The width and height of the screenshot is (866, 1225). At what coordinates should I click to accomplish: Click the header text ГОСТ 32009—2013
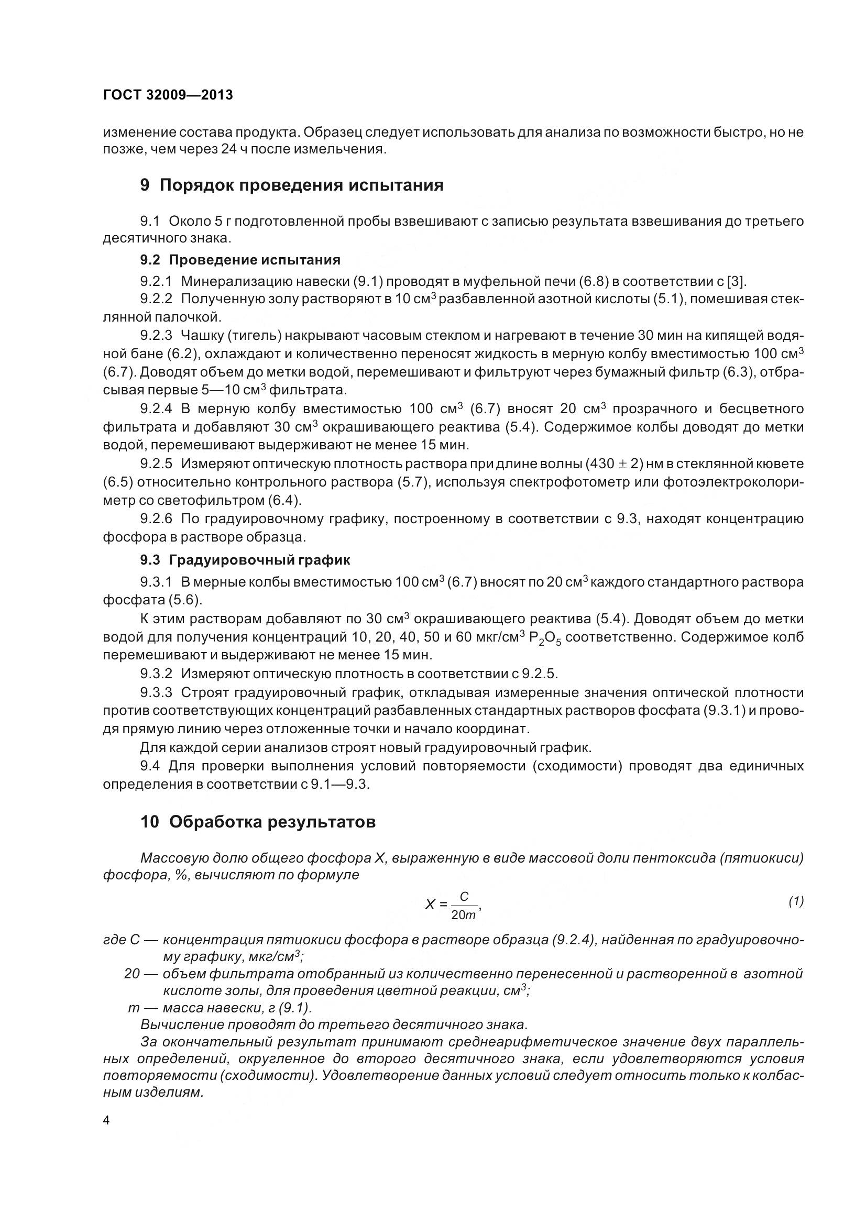[x=168, y=95]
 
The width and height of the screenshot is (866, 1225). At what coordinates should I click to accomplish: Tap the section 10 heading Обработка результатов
[x=258, y=822]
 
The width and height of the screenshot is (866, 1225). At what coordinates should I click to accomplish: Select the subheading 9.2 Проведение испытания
[x=240, y=260]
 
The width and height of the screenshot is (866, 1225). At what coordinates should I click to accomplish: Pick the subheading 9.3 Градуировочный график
[x=245, y=560]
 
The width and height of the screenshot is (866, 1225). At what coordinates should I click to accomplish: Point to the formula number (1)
[x=796, y=901]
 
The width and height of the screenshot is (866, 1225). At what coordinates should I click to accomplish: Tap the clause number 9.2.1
[x=156, y=281]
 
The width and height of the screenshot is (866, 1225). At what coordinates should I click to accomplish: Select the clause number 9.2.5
[x=156, y=463]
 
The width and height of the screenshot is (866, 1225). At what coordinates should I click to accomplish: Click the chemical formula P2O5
[x=545, y=638]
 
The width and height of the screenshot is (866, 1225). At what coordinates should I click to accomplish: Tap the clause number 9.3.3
[x=156, y=692]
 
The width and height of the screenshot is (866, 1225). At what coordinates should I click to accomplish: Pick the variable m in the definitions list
[x=134, y=1008]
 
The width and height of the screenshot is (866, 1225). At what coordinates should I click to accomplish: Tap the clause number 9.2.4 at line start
[x=156, y=409]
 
